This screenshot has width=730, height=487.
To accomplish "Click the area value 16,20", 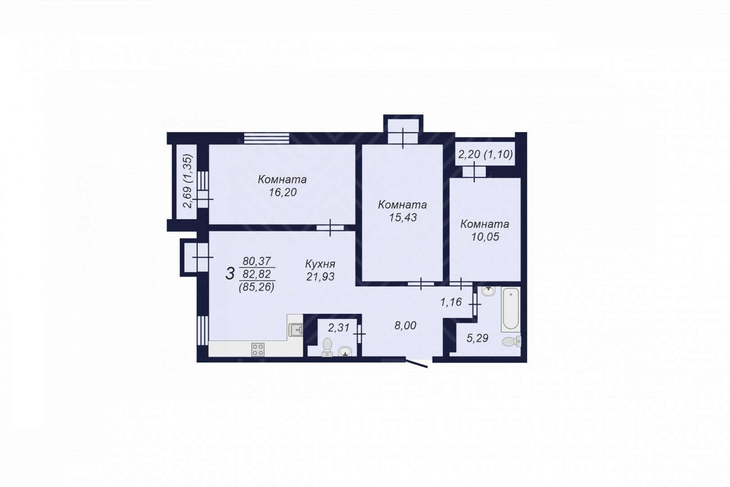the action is coord(283,193).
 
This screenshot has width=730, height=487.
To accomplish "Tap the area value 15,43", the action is coord(403,217).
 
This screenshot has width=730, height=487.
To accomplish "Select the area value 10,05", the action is coord(485,237).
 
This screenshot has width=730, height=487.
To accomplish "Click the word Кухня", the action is coord(320,263).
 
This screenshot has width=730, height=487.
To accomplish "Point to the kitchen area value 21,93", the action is coord(320,276).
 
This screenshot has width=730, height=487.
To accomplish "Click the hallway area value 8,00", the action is coord(405,325).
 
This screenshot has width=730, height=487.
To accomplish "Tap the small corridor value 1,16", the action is coord(451,302).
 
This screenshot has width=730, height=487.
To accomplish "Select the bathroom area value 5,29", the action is coord(477,338).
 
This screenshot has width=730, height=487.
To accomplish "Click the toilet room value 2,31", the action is coord(338,327).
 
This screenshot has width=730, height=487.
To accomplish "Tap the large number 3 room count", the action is coord(230,273).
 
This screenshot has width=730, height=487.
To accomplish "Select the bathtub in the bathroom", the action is coord(511,308).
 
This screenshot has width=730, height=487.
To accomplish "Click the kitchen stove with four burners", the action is coord(258,349).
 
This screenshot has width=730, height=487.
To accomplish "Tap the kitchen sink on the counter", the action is coord(296,330).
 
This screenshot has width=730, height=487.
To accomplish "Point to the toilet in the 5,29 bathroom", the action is coord(511,341).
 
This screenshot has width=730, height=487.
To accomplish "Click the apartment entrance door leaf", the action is coord(416,363).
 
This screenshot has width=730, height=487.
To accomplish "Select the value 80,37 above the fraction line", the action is coord(256,261).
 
